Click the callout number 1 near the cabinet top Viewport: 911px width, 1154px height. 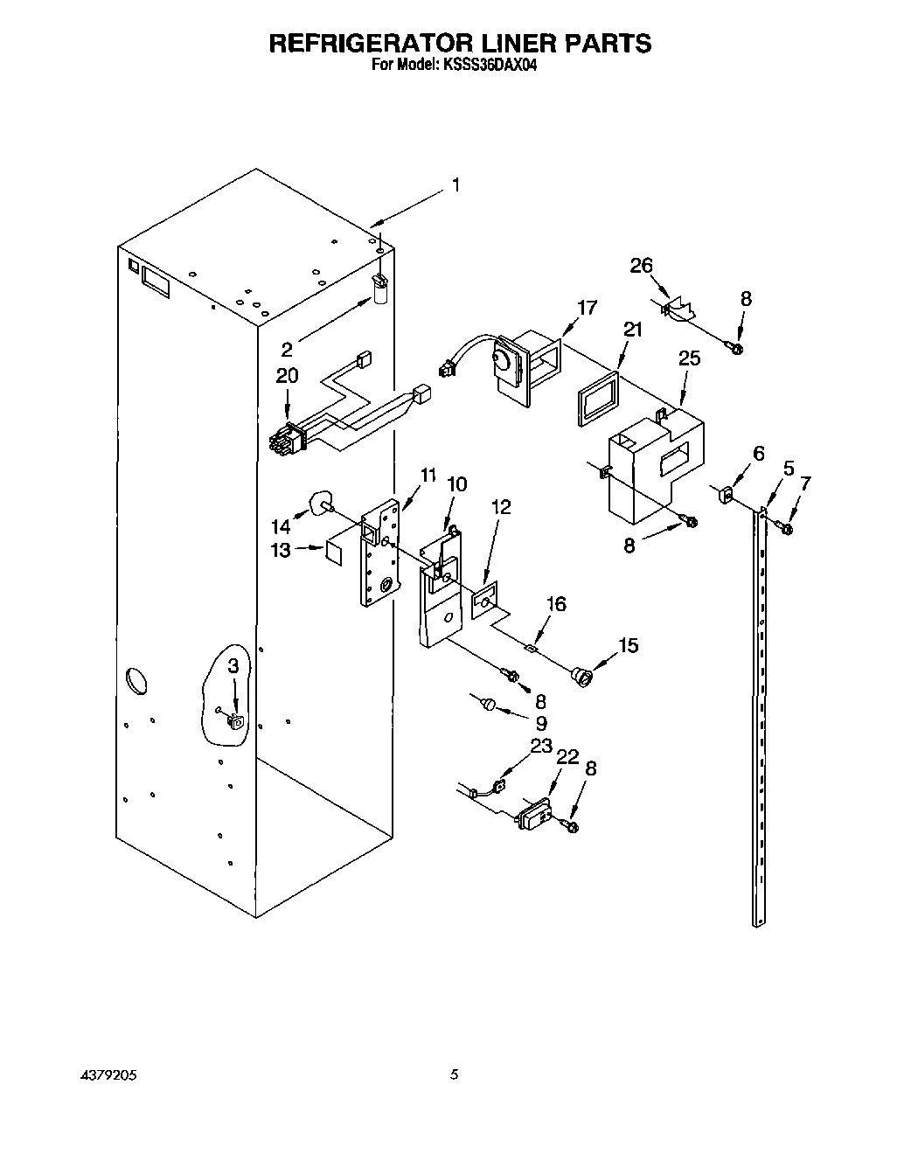pos(455,184)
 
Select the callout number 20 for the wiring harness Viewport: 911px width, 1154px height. pos(287,375)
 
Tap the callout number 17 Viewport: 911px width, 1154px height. pos(587,307)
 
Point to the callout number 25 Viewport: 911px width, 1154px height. pos(689,358)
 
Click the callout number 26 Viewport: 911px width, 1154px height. pos(641,265)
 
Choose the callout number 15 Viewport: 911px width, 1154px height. pos(628,645)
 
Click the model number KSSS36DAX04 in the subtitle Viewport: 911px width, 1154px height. pos(486,65)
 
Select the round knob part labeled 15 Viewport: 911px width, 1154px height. pos(581,676)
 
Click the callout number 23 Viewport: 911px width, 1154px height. pos(541,745)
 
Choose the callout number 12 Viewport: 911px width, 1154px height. pos(501,506)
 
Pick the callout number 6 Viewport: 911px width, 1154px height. pos(758,453)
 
